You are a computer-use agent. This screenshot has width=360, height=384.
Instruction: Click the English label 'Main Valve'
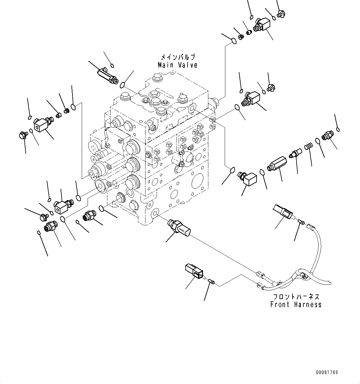(177, 65)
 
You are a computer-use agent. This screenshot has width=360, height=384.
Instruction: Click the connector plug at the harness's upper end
(283, 212)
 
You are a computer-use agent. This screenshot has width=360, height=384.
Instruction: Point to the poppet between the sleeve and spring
(295, 153)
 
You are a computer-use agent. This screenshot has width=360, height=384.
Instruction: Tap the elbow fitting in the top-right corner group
(262, 25)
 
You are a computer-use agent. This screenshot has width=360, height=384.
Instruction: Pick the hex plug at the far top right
(281, 14)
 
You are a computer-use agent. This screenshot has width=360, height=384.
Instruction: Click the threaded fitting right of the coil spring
(327, 136)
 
